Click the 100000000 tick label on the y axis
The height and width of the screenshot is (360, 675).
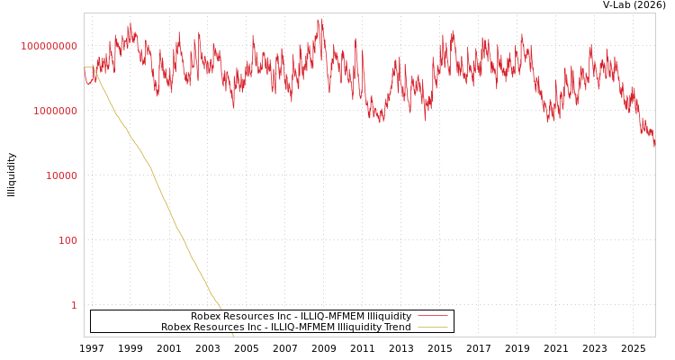(x=49, y=46)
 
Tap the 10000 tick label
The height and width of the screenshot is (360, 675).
(x=62, y=175)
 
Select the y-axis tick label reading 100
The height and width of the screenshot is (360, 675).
(x=68, y=240)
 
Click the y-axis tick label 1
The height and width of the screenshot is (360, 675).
(x=74, y=305)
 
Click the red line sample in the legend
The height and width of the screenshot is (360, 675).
(x=433, y=316)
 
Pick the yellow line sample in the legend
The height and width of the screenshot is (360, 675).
(x=433, y=327)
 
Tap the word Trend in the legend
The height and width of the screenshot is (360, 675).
(x=397, y=327)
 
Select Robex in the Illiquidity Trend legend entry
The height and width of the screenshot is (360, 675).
(x=175, y=327)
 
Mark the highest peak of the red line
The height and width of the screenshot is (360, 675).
(x=319, y=20)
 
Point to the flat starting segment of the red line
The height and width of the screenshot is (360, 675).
(x=89, y=67)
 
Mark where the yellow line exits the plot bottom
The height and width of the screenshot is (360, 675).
(x=233, y=336)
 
